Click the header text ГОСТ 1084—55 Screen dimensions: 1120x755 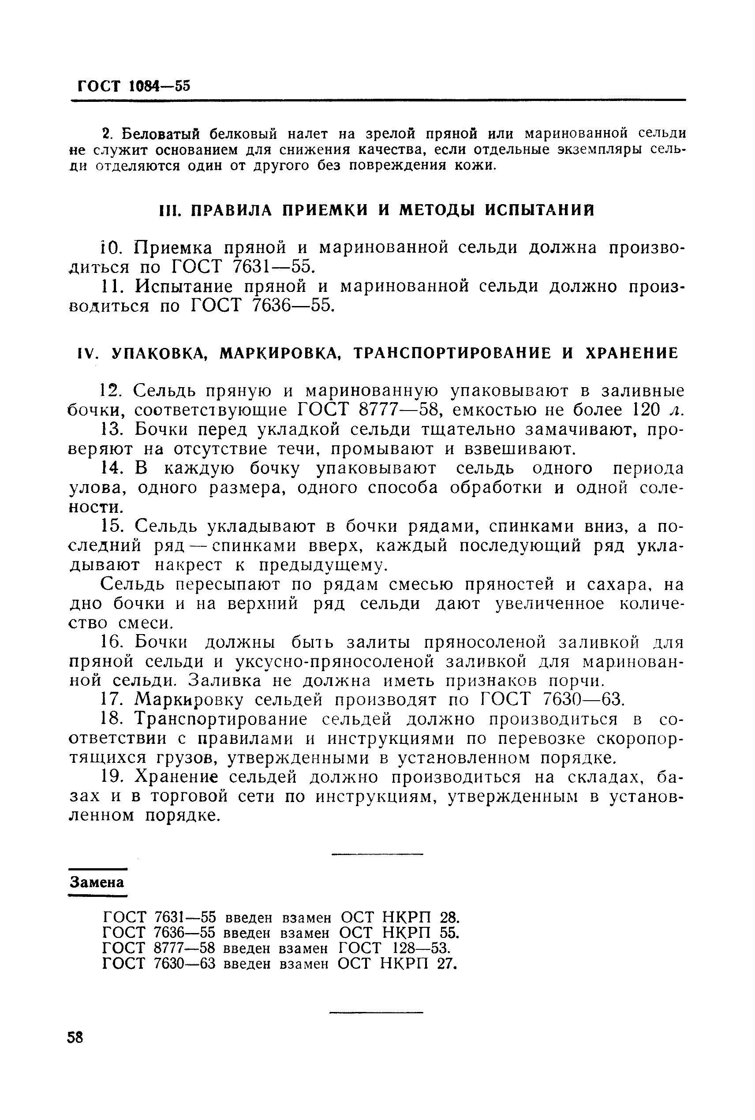pos(134,86)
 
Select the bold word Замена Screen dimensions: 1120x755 pos(97,882)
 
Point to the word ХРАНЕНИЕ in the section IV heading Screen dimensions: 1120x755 pos(631,354)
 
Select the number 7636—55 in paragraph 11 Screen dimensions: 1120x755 pos(292,306)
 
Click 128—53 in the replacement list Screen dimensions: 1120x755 pos(421,948)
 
